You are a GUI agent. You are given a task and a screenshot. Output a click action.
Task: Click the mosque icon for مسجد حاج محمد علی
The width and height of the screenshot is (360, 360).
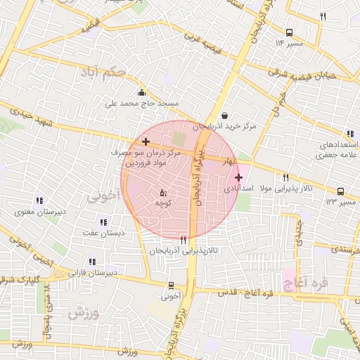coord(142,92)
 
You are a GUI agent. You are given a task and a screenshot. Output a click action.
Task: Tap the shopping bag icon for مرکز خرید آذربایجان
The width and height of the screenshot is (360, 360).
coord(224,116)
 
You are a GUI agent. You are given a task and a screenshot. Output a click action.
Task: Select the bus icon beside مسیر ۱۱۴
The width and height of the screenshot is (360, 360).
coord(290,32)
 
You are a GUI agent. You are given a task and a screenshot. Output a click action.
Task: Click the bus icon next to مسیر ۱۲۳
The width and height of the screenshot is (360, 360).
coord(341,191)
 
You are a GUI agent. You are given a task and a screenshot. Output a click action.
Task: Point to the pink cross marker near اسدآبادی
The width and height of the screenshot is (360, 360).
coord(239,177)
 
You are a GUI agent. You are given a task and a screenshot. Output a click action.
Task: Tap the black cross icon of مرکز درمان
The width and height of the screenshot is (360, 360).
coord(146,142)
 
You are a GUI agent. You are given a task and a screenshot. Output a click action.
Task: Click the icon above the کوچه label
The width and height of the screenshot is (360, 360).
coord(163,192)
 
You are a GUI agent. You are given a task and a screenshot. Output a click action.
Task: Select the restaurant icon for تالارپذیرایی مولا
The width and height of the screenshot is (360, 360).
coord(285,177)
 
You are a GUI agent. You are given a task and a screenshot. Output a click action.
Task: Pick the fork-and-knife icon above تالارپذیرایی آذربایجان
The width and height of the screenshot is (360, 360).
coord(184,240)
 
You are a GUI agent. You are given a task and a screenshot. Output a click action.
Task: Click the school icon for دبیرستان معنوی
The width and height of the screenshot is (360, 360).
coord(39,200)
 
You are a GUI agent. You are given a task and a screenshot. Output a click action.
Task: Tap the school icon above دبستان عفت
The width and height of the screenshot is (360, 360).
coord(104,222)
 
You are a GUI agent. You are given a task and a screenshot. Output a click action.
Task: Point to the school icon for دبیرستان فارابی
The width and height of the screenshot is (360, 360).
coord(92,262)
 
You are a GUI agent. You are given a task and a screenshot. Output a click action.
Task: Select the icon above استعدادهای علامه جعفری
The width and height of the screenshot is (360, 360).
coord(349,134)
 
